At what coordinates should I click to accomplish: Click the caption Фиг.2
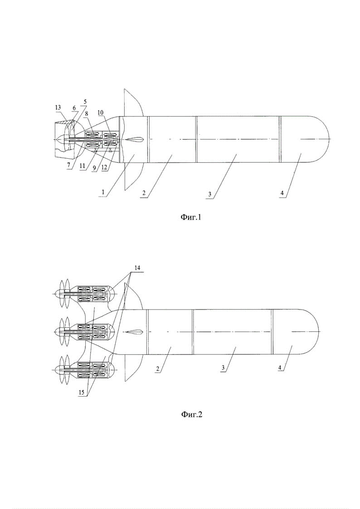(191, 414)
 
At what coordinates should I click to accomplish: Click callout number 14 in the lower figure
(137, 268)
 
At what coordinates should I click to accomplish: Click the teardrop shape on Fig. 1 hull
(133, 139)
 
